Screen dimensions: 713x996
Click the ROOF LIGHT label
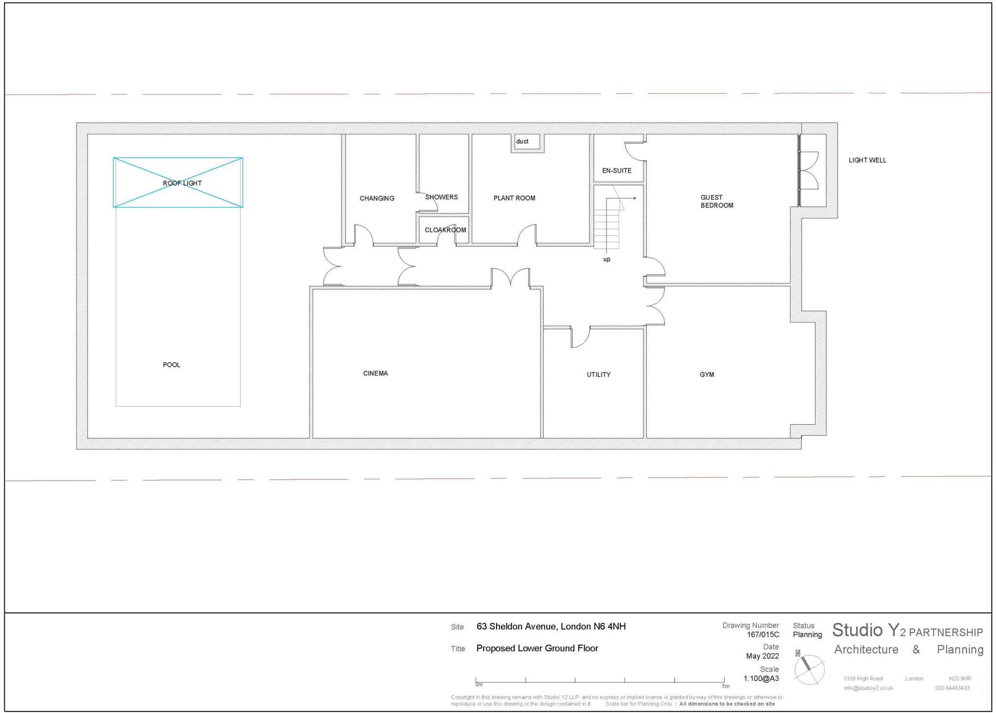click(182, 183)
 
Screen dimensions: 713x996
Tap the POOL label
click(171, 365)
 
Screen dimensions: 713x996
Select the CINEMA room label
click(375, 374)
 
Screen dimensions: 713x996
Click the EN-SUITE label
click(617, 171)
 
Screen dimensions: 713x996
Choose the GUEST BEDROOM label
click(716, 201)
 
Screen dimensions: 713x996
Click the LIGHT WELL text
click(867, 160)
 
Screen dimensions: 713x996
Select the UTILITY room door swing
click(580, 337)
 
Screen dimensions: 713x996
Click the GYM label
click(707, 374)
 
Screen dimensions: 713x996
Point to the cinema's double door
click(510, 278)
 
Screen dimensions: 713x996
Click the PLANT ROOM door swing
click(527, 235)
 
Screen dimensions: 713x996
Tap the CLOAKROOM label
click(445, 230)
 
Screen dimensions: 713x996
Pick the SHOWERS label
click(441, 197)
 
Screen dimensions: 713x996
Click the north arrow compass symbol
click(809, 669)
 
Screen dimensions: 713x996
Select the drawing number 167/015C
click(763, 635)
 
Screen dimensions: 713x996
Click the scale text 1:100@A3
click(761, 678)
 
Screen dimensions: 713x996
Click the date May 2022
click(762, 656)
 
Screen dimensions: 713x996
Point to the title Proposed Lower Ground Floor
click(537, 648)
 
